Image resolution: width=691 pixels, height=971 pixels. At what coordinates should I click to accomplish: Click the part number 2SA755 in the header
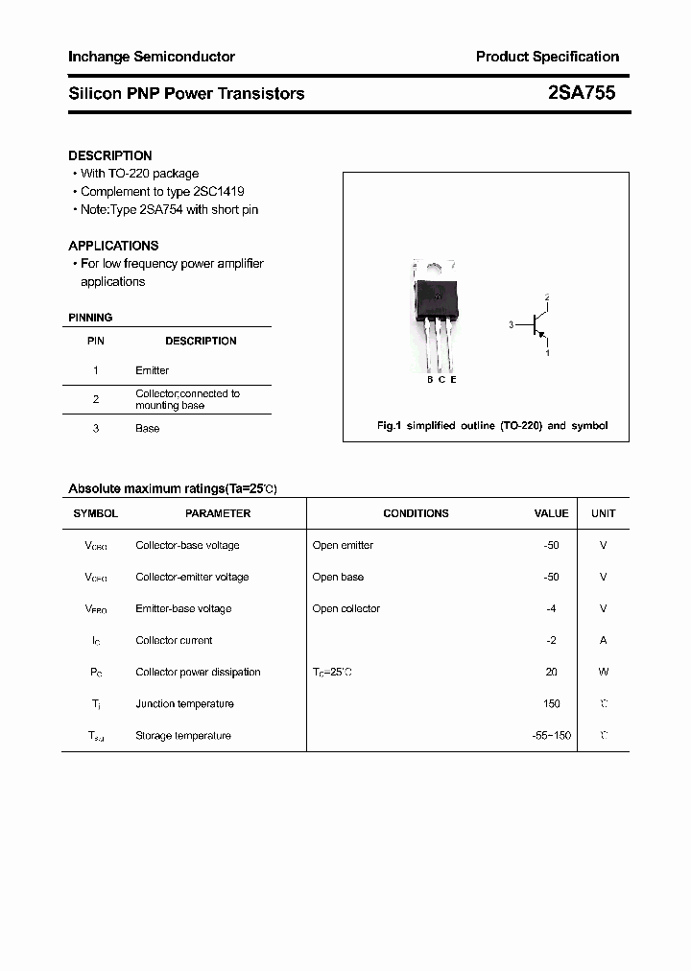pos(581,93)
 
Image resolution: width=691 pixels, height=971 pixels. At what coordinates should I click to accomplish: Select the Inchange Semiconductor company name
pos(152,57)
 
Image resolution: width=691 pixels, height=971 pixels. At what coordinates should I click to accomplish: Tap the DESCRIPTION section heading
pos(110,155)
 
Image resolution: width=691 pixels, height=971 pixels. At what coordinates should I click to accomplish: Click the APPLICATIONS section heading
pos(113,246)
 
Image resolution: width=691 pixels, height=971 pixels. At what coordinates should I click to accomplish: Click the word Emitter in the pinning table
pos(152,370)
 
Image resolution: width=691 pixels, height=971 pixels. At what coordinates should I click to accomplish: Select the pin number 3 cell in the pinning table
pos(96,428)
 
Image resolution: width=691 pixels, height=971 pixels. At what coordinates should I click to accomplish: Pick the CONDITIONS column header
pos(416,513)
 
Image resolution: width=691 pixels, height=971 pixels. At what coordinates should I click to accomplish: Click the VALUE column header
pos(551,513)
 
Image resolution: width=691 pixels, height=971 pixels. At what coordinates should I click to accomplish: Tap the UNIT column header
pos(604,513)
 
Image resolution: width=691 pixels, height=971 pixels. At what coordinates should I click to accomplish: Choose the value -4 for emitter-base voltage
pos(551,608)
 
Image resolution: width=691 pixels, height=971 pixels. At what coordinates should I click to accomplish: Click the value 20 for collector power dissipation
pos(551,672)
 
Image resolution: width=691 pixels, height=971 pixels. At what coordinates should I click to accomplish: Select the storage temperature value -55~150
pos(551,735)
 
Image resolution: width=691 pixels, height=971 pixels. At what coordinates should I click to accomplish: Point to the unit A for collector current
pos(604,640)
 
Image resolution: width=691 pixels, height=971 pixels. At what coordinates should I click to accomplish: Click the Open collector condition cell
pos(346,608)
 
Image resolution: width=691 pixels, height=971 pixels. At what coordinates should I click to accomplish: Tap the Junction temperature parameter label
pos(184,703)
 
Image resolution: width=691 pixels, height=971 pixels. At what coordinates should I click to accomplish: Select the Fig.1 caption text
pos(490,425)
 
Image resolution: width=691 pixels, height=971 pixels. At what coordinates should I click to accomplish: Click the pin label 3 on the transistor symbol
pos(512,325)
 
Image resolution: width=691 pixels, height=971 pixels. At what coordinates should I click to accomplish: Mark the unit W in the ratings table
pos(604,672)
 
